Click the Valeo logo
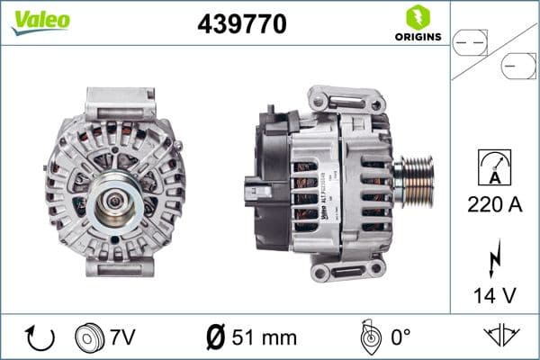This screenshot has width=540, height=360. pyautogui.click(x=39, y=20)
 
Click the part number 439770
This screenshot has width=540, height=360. pyautogui.click(x=242, y=24)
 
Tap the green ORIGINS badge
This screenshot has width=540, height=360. pyautogui.click(x=417, y=23)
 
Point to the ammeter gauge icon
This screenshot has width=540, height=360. pyautogui.click(x=494, y=167)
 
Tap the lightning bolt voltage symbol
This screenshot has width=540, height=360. pyautogui.click(x=494, y=258)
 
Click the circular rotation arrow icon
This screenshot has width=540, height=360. pyautogui.click(x=40, y=337)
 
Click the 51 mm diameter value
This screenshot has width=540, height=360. pyautogui.click(x=262, y=337)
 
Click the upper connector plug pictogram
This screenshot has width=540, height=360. pyautogui.click(x=471, y=40)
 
